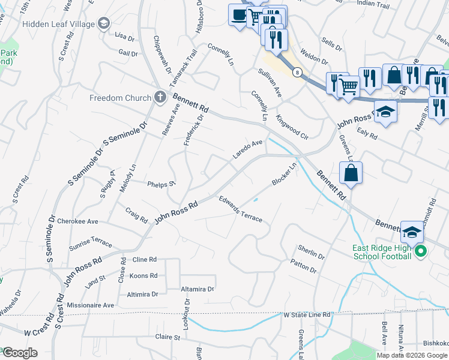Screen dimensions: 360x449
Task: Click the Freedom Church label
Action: [x=120, y=98]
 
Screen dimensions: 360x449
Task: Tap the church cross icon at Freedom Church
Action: [x=160, y=97]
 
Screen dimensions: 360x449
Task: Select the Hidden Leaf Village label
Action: [x=58, y=24]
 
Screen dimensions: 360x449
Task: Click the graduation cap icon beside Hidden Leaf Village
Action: [x=104, y=23]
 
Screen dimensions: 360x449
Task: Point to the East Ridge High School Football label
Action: [x=382, y=252]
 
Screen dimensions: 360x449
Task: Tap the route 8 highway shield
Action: [x=297, y=72]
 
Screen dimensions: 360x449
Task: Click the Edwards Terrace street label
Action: [x=240, y=209]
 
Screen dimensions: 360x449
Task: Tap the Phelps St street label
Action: [x=161, y=184]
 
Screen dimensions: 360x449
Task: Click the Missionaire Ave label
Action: [x=90, y=305]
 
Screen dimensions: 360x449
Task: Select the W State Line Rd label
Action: [x=307, y=314]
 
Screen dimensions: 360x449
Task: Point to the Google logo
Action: [x=19, y=353]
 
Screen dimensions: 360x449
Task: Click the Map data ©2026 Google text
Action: [x=411, y=355]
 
